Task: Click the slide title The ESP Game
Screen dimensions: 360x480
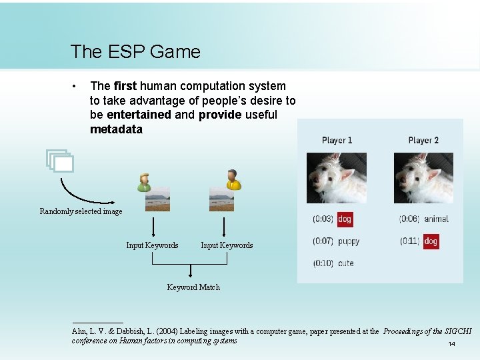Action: (135, 51)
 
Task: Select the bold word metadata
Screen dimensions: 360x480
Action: (116, 129)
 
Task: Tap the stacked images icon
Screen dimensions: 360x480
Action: (59, 161)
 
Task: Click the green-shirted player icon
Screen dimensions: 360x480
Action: (143, 181)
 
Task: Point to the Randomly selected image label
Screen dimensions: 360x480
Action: (81, 211)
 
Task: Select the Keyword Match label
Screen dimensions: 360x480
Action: (193, 287)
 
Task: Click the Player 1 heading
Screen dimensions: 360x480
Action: (337, 140)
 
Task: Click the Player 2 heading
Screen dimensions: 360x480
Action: (423, 140)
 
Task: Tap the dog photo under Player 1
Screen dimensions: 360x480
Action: (336, 177)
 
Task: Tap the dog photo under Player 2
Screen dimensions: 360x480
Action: (423, 177)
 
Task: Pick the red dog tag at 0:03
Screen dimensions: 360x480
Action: (345, 219)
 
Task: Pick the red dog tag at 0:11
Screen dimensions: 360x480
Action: (431, 241)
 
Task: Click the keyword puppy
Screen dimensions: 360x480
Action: (349, 241)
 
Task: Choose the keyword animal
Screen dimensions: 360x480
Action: (436, 219)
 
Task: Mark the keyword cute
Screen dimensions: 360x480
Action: (346, 263)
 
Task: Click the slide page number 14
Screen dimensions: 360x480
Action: (451, 344)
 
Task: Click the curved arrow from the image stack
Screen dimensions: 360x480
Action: (83, 191)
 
